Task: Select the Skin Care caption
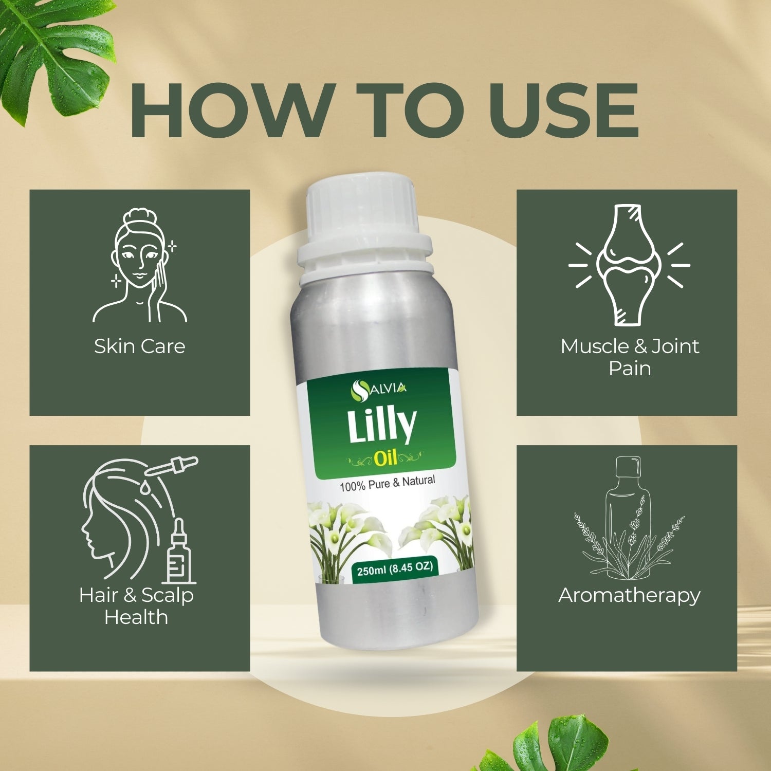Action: pyautogui.click(x=140, y=346)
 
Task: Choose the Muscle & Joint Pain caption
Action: pyautogui.click(x=630, y=357)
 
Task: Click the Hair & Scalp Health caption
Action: pyautogui.click(x=136, y=606)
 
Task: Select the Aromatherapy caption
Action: pyautogui.click(x=630, y=595)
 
